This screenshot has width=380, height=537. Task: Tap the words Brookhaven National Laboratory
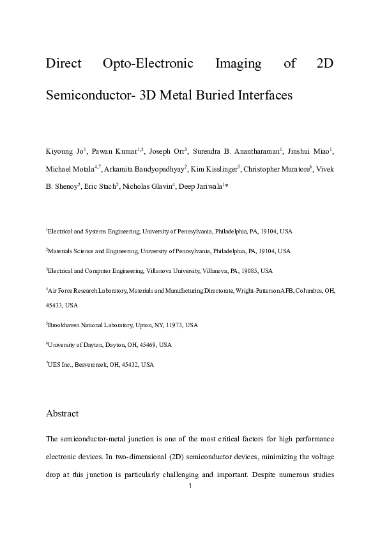click(x=90, y=325)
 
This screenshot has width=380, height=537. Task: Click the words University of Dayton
click(x=71, y=344)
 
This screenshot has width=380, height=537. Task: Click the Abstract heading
click(x=62, y=413)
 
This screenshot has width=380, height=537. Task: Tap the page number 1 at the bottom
click(x=190, y=487)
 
